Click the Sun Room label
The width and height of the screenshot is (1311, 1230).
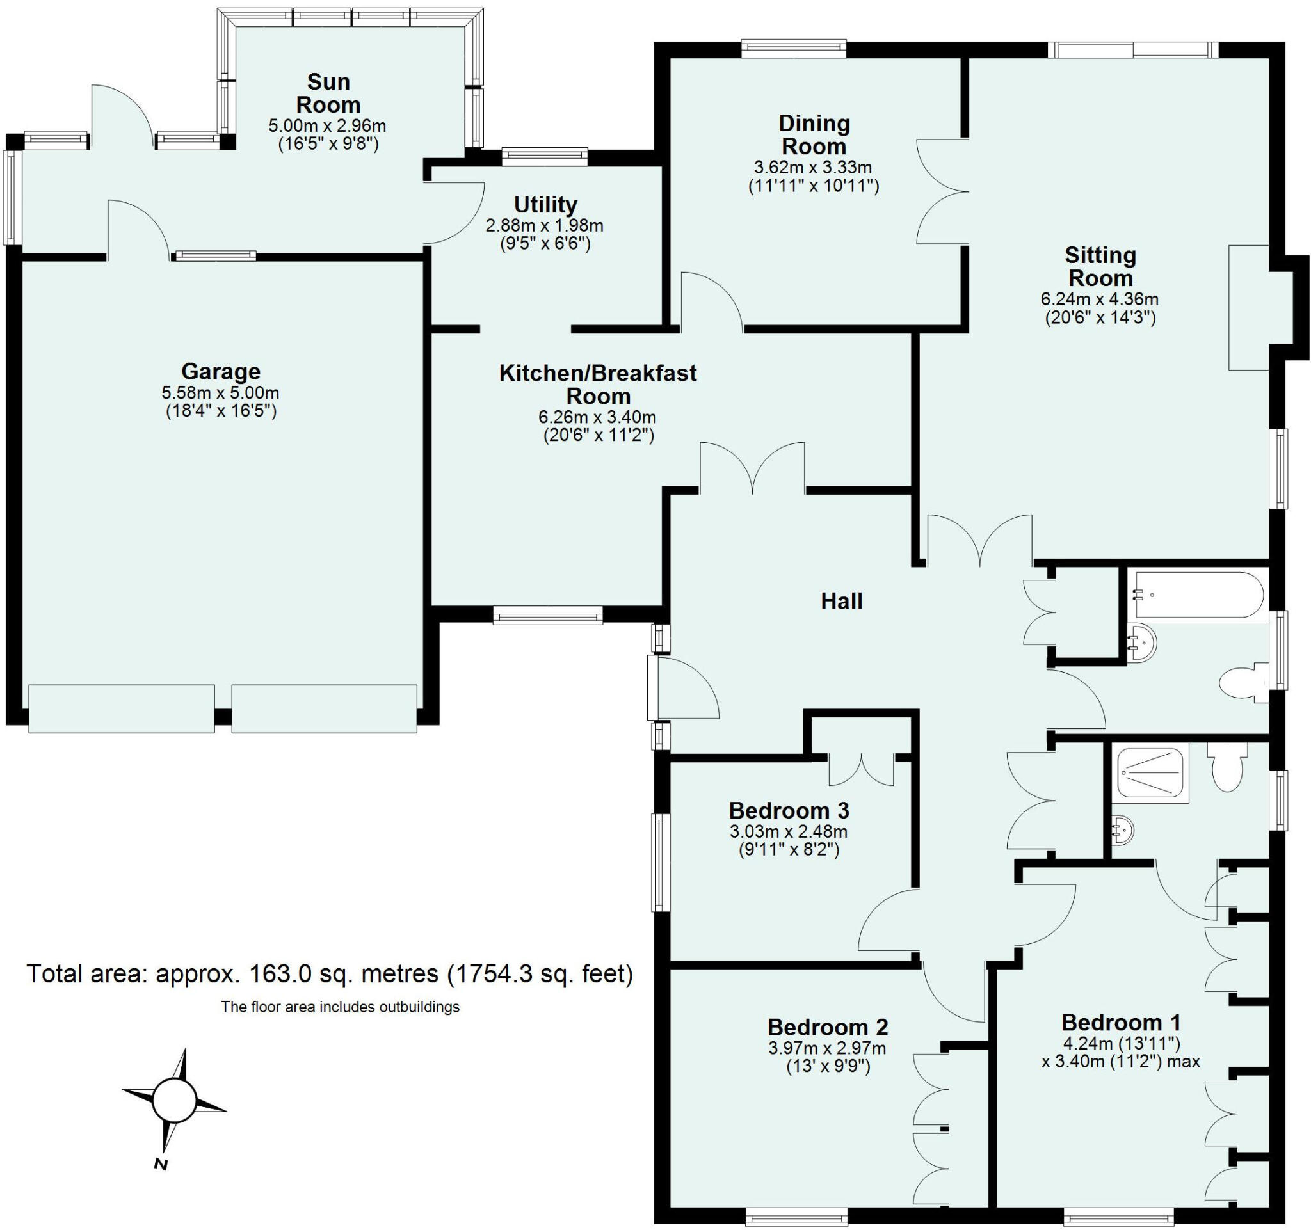click(x=328, y=93)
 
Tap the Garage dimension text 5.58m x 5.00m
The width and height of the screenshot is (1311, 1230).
click(x=220, y=394)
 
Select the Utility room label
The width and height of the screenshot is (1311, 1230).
click(x=545, y=204)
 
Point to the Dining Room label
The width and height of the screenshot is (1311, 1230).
click(x=814, y=134)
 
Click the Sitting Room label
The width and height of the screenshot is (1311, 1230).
click(x=1100, y=266)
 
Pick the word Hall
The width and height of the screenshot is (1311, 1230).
click(x=842, y=601)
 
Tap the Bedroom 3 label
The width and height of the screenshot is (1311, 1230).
click(x=788, y=810)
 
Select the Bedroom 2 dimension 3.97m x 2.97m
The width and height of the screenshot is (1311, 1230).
click(x=827, y=1048)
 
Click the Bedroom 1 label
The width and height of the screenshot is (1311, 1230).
click(x=1121, y=1023)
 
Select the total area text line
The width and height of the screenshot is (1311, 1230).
click(x=330, y=973)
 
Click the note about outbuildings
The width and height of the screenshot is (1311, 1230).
click(x=340, y=1007)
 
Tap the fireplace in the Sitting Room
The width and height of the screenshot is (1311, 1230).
click(x=1248, y=307)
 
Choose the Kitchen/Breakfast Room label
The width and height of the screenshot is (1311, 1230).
click(x=597, y=384)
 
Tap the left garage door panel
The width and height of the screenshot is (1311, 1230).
click(x=122, y=708)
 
